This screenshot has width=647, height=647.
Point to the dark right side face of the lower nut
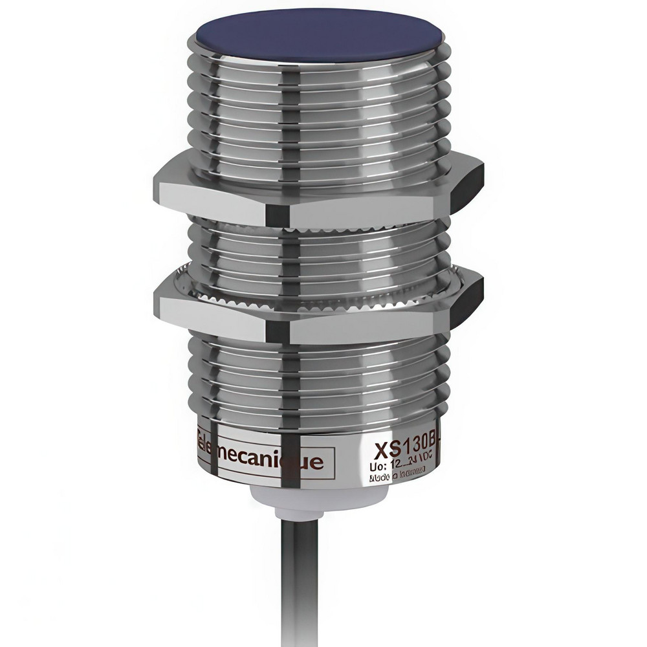467,301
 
